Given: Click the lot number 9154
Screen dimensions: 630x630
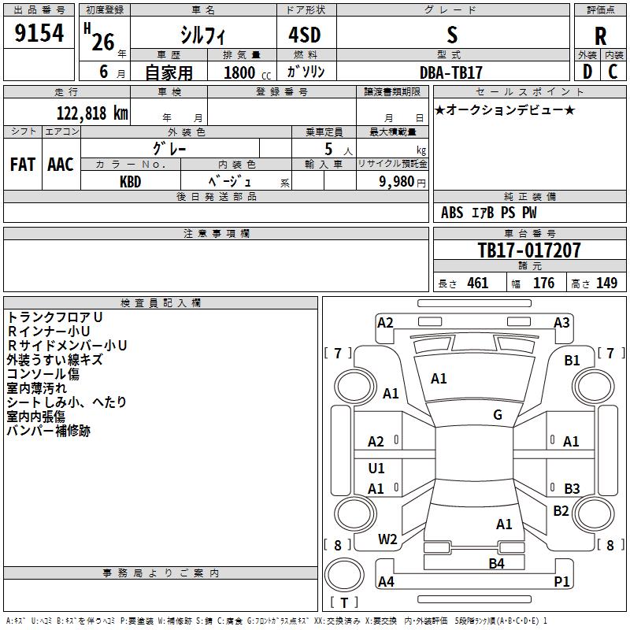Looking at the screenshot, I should point(39,34).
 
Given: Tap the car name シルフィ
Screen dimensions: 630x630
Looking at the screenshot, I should point(203,35).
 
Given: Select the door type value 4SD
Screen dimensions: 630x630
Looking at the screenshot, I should point(306,35).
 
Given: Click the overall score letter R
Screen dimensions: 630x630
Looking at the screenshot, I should point(600,35).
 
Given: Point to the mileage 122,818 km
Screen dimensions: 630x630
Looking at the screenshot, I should point(91,113).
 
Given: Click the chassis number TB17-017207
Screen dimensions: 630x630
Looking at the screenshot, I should point(529,250).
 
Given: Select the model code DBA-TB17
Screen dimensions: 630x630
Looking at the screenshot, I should point(451,72).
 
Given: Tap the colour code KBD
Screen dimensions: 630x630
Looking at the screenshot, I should point(131,180).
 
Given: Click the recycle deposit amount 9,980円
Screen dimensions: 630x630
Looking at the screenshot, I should point(402,181).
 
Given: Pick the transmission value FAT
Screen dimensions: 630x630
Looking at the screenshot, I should point(23,164).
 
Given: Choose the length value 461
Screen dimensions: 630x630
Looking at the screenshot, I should point(477,283).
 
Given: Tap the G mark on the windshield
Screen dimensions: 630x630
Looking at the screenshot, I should point(498,415).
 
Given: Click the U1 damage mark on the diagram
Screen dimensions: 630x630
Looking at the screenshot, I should point(376,469).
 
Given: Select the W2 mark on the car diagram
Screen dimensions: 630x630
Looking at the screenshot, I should point(387,539).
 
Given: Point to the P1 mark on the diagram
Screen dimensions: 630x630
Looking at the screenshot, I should point(562,582).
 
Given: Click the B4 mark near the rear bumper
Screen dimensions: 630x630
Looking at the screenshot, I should point(496,563).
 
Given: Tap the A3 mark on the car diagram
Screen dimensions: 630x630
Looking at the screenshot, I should point(561,323).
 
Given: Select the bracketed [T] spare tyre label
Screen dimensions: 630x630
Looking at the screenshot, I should point(344,602).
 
